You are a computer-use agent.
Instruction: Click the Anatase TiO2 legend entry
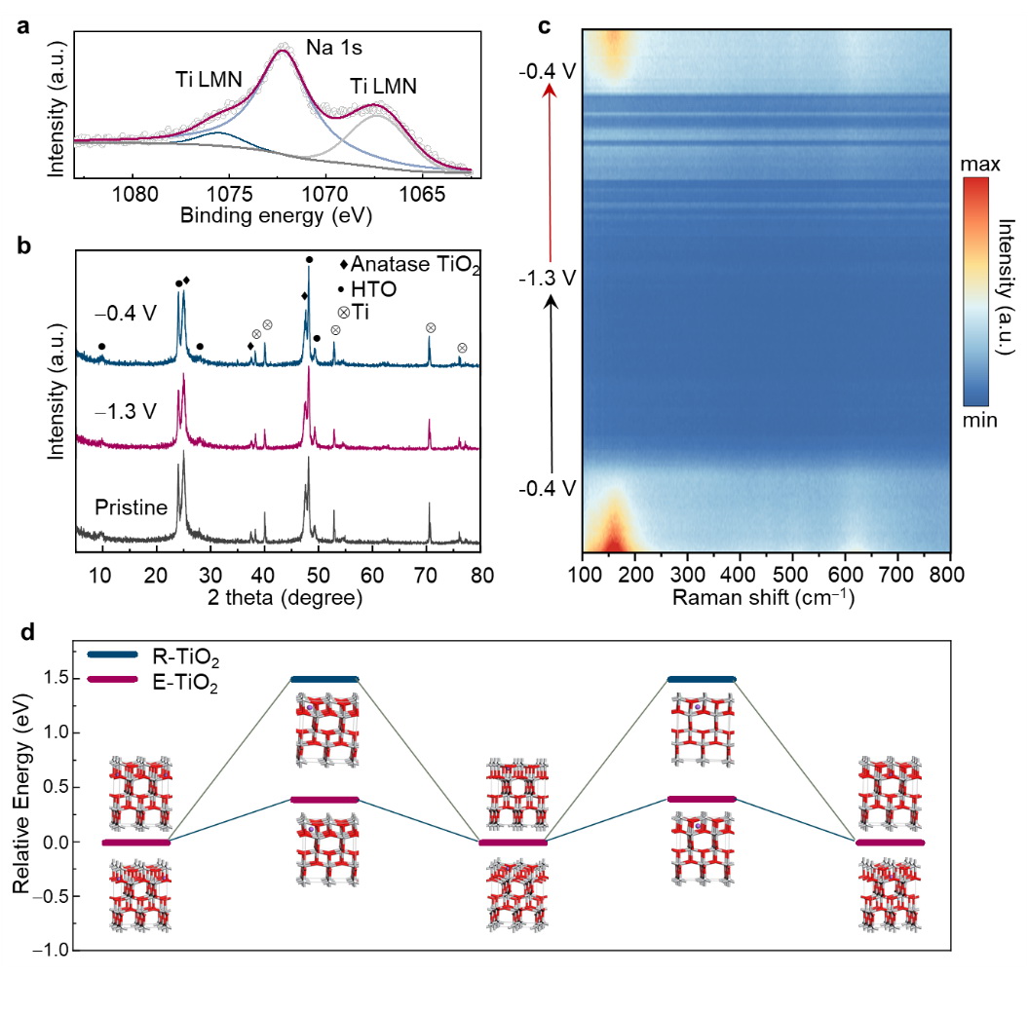(x=401, y=264)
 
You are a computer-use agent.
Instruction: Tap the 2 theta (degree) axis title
(x=279, y=597)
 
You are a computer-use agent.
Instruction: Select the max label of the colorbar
(x=980, y=167)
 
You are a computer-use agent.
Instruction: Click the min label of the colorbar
(x=979, y=421)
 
